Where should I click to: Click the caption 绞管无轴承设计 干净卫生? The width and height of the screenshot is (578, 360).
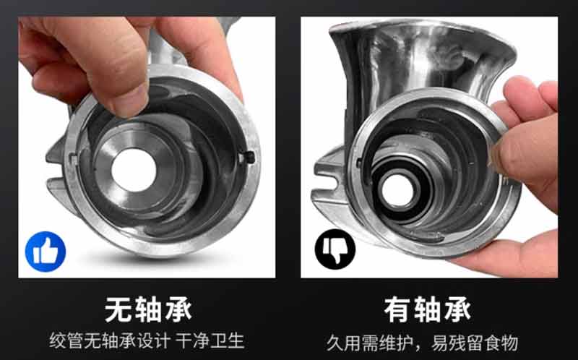(x=147, y=340)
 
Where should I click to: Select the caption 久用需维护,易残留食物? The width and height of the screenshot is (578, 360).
(x=431, y=340)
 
